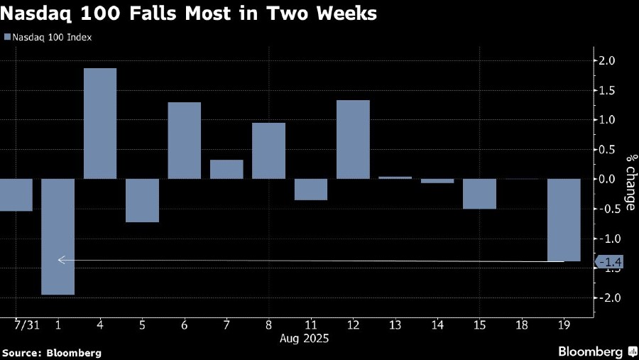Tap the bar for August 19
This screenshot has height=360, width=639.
point(564,219)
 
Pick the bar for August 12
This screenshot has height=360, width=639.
point(353,139)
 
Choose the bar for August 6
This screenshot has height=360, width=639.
point(184,140)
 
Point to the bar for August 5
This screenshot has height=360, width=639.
point(142,200)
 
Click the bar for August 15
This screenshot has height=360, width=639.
point(479,193)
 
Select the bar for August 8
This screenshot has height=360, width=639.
point(268,151)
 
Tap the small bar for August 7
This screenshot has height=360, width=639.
point(226,169)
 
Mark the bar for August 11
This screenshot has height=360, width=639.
point(310,189)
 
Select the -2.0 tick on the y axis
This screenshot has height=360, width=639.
point(608,298)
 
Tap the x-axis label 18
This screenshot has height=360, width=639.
point(522,324)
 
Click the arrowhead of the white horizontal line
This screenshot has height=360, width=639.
point(61,260)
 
